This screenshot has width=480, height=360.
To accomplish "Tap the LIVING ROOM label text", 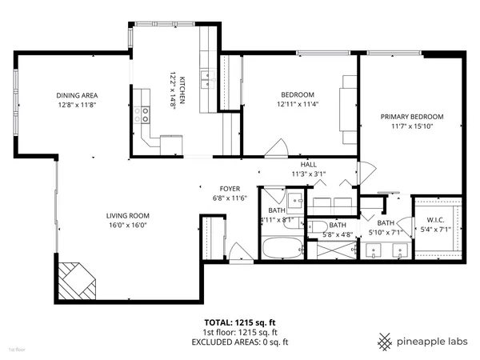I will tap(128, 215).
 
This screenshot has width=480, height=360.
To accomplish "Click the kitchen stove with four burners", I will tap(145, 114).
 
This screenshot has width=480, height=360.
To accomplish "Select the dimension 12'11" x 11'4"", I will tap(297, 103).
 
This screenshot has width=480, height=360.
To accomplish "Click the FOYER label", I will tap(230, 188).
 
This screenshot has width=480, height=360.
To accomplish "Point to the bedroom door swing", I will tap(278, 149).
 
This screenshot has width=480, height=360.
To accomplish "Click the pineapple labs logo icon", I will tap(386, 340).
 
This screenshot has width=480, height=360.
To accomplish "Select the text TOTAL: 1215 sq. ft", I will tap(239, 322).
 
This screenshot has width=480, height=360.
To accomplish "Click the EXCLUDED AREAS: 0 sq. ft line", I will tap(239, 342).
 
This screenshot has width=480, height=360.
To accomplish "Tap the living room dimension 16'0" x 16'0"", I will tap(128, 225).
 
